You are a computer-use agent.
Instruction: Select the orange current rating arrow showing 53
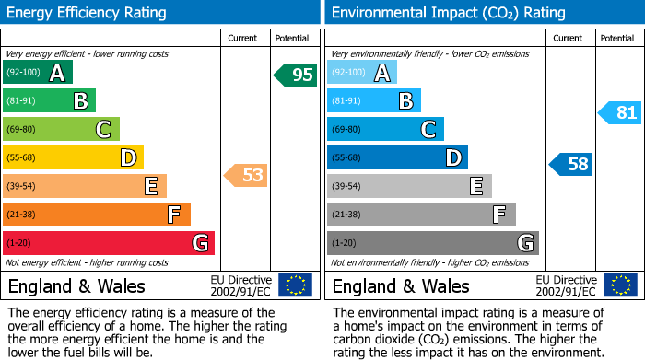click(247, 175)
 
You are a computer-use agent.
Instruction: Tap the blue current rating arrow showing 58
click(571, 165)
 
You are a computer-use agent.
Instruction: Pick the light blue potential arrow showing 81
click(620, 113)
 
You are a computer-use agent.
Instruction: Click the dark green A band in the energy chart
click(38, 73)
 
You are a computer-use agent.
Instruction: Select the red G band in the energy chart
click(109, 243)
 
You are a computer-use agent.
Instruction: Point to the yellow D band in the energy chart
click(73, 157)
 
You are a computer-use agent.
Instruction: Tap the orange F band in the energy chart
click(97, 215)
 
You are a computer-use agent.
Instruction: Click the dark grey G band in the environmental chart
click(432, 243)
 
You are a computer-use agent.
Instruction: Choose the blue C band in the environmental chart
click(385, 129)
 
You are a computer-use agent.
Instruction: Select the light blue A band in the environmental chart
click(362, 73)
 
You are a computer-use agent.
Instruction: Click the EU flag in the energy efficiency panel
click(295, 285)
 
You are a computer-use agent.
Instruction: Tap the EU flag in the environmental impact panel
click(620, 285)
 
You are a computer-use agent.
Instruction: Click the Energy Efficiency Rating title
click(88, 13)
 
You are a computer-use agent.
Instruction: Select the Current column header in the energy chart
click(243, 38)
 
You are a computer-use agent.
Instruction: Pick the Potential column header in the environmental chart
click(616, 38)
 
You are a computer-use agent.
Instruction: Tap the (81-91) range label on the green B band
click(22, 101)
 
